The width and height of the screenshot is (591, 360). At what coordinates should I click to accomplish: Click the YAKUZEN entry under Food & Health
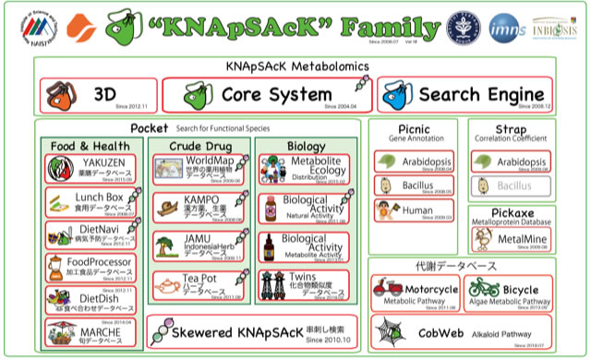coord(94,169)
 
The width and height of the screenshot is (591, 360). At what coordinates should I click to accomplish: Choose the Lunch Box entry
coord(94,201)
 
